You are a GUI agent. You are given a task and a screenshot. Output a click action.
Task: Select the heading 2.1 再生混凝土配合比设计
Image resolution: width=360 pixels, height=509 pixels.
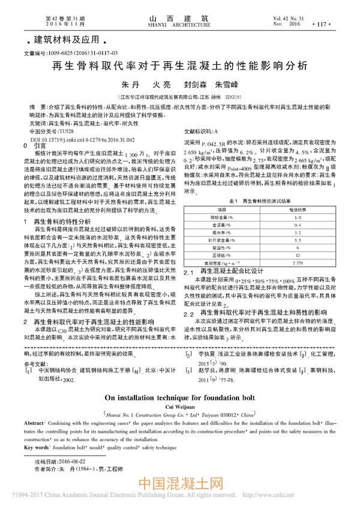coord(227,271)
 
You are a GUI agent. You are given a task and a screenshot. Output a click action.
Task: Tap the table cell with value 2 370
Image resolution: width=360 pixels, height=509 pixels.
coord(296,262)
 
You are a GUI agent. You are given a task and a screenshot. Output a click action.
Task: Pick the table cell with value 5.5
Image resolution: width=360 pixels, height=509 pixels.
coord(296,239)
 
